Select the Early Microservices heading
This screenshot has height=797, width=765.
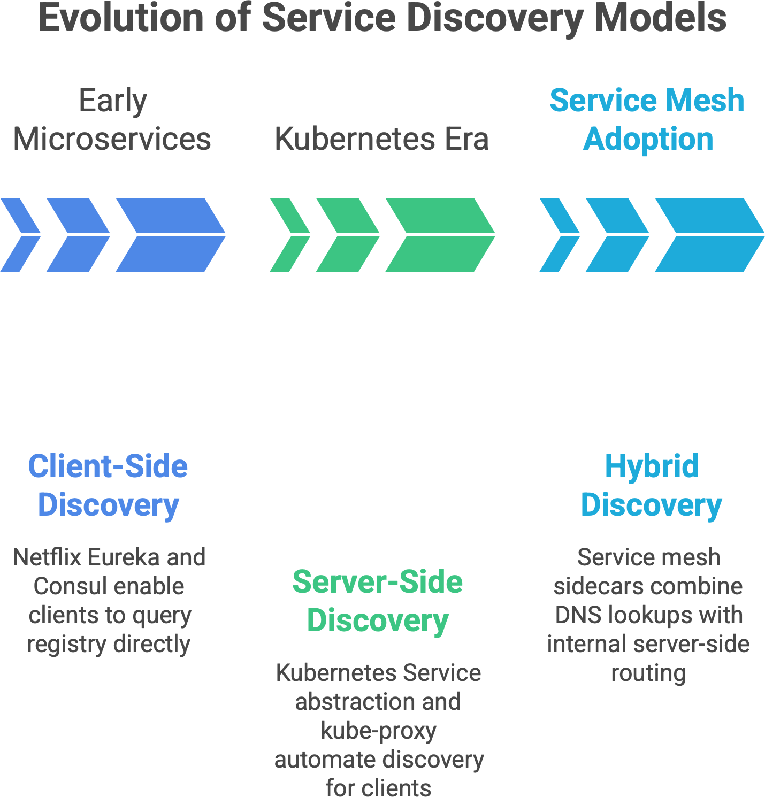click(112, 120)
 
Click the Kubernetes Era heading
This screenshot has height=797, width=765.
click(381, 139)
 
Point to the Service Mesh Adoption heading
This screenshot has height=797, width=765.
click(647, 120)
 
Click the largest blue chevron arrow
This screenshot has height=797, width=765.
click(170, 235)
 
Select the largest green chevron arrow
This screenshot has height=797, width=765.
click(440, 235)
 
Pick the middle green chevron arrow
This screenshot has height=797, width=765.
click(348, 235)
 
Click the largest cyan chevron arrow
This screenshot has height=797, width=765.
click(709, 235)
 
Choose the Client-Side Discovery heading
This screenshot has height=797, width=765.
click(108, 485)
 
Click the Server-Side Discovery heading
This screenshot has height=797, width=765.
click(378, 601)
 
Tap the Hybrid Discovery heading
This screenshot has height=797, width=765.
click(652, 485)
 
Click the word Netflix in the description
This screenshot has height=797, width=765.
click(47, 557)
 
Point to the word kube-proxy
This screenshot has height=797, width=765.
click(378, 731)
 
